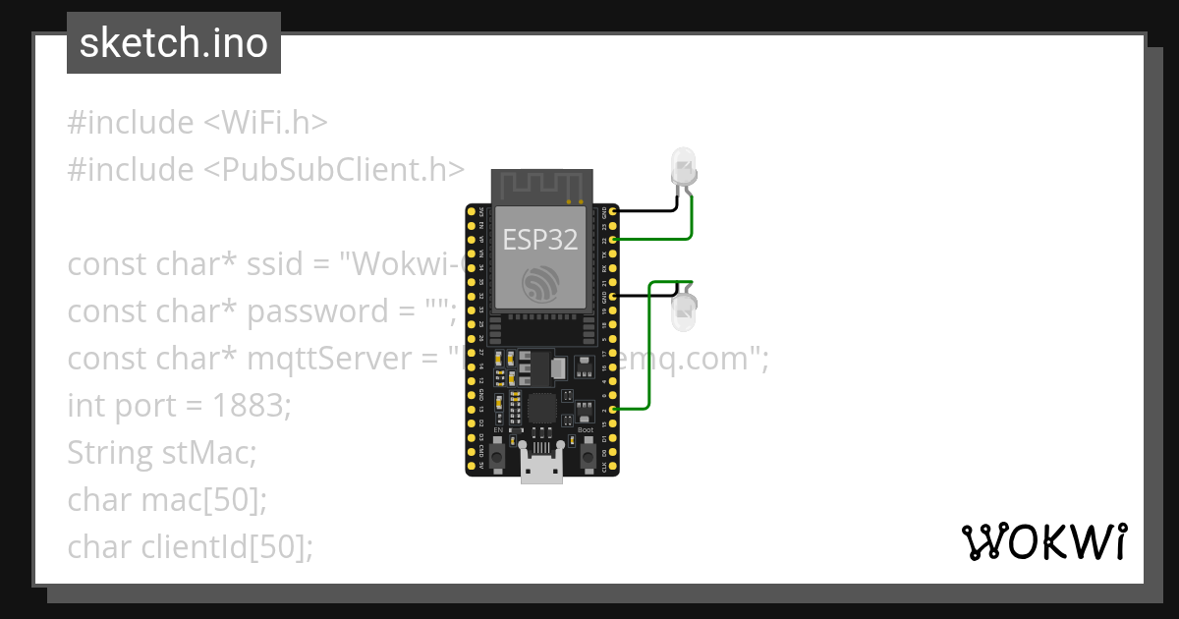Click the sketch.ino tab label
[x=174, y=43]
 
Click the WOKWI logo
[x=1043, y=542]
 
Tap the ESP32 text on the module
[x=540, y=240]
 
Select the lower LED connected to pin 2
[x=682, y=309]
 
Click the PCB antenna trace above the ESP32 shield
[x=541, y=184]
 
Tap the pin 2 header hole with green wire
[x=613, y=409]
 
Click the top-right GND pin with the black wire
[x=613, y=211]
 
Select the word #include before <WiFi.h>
[x=131, y=123]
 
